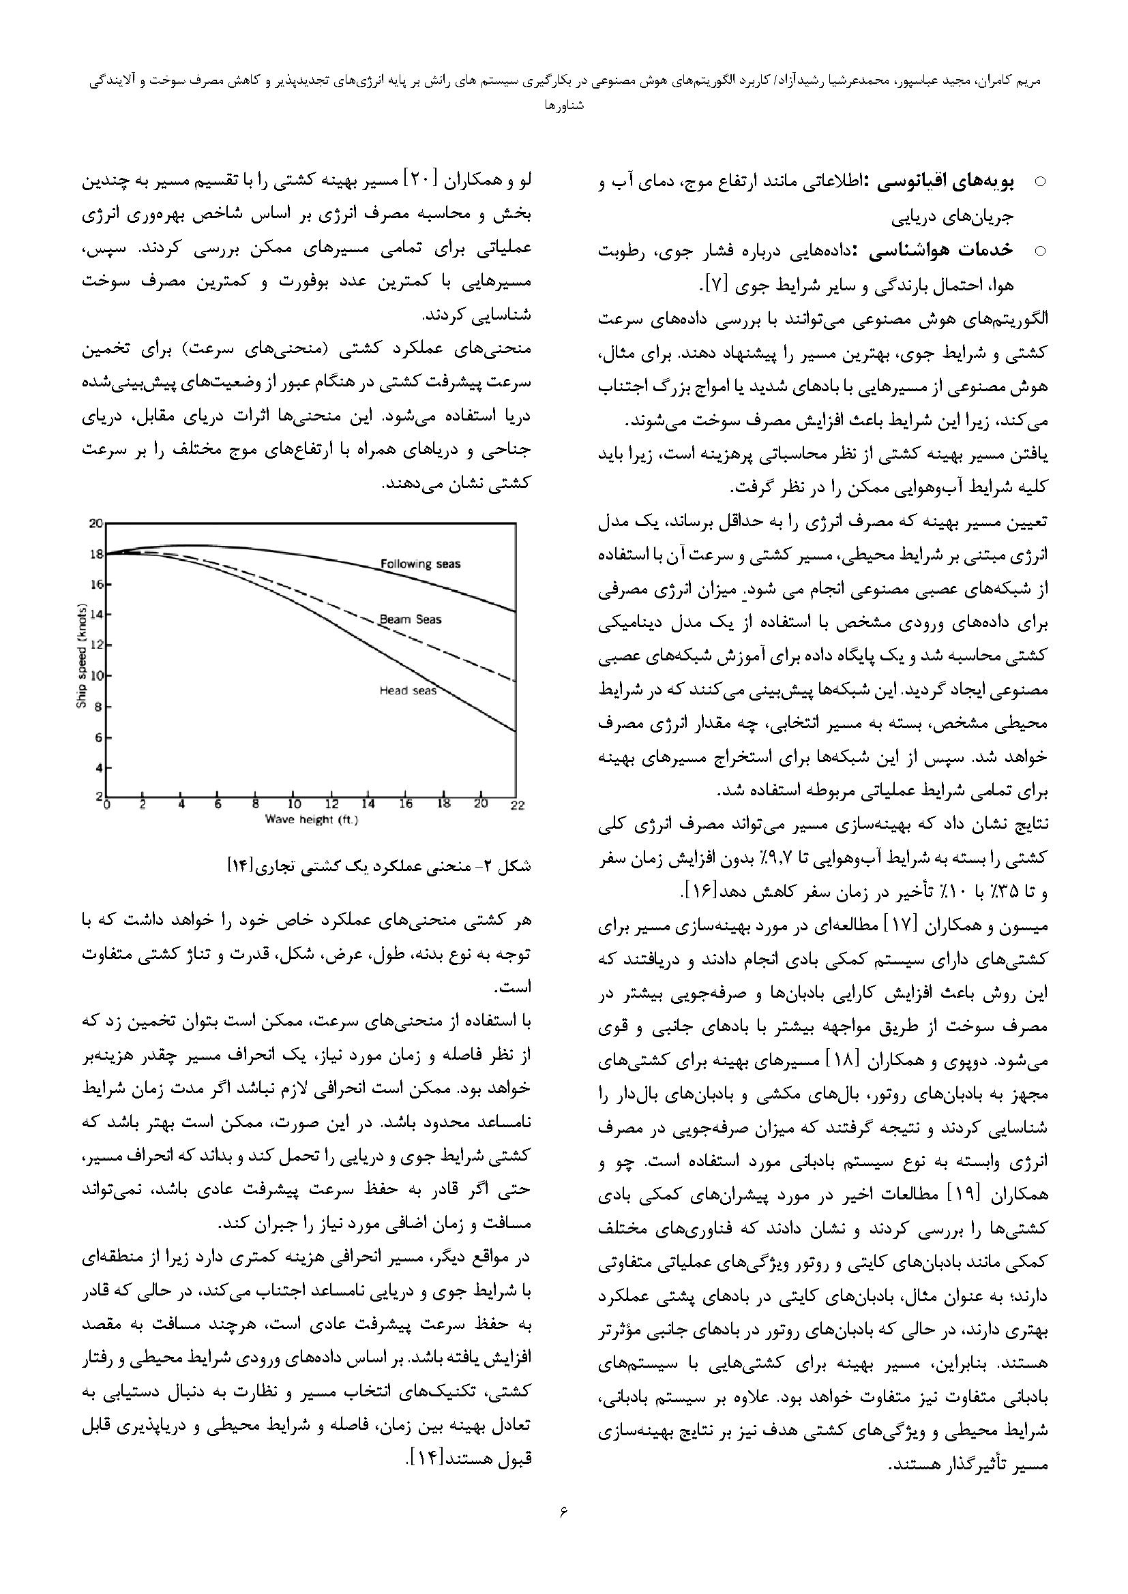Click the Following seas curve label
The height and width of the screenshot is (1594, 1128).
tap(420, 564)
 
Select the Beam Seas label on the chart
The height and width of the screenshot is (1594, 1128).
tap(410, 619)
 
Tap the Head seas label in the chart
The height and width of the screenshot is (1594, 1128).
tap(408, 690)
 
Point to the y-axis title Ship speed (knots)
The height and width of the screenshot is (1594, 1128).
tap(81, 656)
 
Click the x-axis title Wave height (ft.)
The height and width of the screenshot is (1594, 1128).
tap(311, 820)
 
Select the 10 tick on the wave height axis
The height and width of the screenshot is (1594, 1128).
tap(294, 805)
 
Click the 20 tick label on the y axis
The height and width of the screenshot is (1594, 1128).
tap(95, 523)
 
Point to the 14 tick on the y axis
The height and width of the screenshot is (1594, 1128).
tap(95, 615)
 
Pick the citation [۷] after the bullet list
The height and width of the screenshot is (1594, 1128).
tap(717, 285)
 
